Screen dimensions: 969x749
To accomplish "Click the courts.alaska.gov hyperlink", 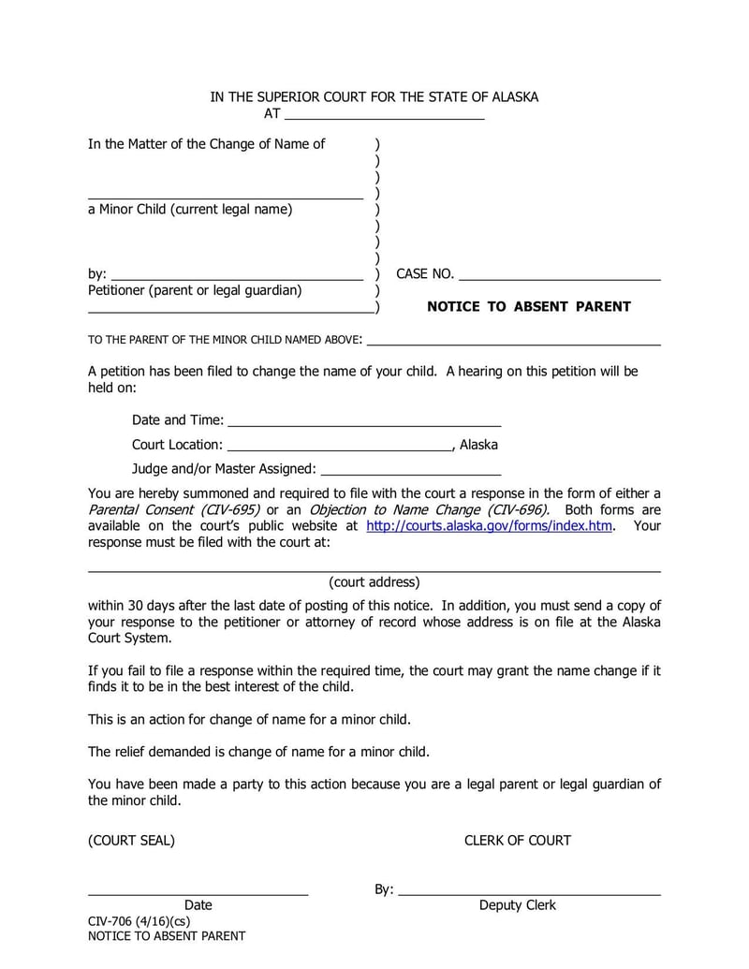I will [489, 526].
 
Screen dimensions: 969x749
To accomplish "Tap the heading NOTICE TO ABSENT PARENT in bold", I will [528, 306].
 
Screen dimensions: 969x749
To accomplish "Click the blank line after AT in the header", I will [384, 118].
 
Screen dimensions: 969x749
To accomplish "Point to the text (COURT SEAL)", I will [131, 840].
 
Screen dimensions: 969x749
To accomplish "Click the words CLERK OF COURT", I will [517, 840].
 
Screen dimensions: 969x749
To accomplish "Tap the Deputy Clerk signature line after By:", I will [529, 893].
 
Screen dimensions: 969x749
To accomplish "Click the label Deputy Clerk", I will [517, 905].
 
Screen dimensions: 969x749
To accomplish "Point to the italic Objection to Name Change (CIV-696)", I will [429, 510].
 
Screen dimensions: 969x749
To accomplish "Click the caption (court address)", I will [374, 581].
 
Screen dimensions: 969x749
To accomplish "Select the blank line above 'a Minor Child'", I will [225, 197].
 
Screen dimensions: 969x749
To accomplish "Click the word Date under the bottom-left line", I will [198, 905].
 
